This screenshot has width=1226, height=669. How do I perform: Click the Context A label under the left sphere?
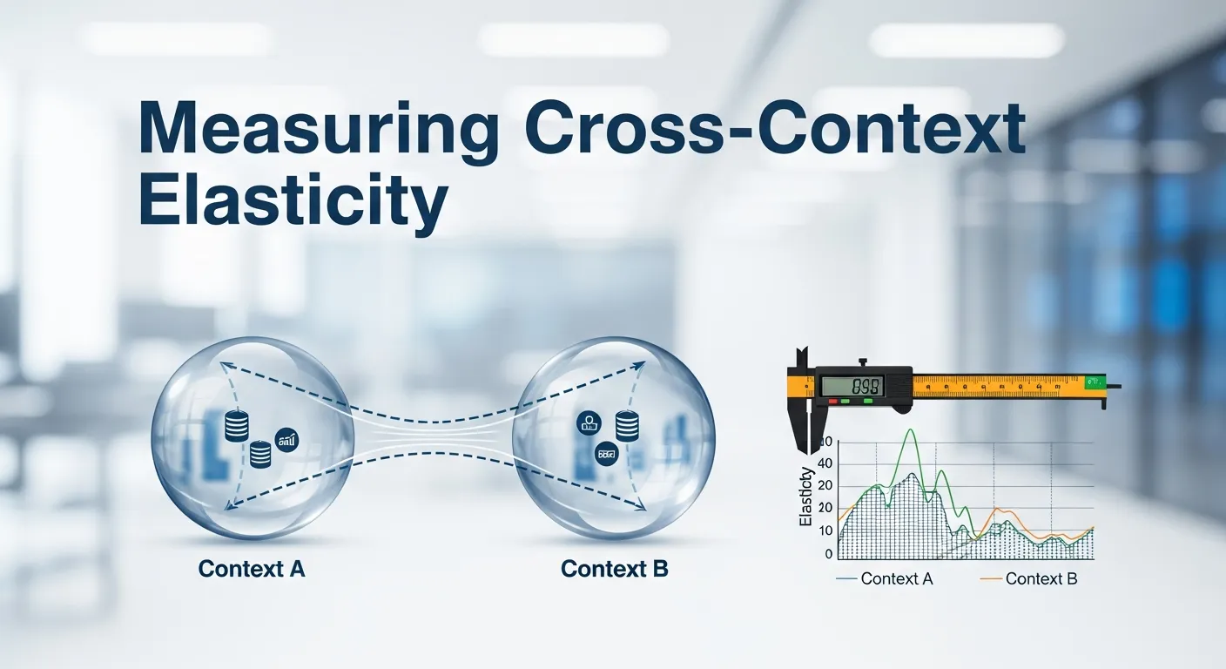[252, 570]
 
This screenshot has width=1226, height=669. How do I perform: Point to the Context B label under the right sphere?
[615, 570]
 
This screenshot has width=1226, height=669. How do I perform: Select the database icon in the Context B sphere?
[628, 424]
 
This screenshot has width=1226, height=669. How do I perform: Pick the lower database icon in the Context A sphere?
[259, 454]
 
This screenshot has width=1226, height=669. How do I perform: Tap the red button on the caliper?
[833, 402]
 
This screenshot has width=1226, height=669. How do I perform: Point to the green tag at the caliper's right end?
[1094, 382]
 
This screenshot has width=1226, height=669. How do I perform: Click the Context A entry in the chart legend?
[895, 578]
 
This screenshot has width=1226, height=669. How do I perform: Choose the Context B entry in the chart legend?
[1040, 578]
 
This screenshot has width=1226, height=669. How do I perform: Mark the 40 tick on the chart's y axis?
[825, 463]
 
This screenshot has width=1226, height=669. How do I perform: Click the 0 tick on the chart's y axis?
[829, 554]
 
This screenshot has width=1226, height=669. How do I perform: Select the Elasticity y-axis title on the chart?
[807, 497]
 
